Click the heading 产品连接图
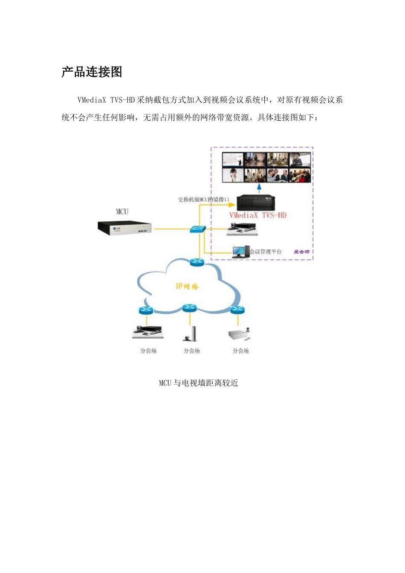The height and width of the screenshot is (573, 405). (x=92, y=72)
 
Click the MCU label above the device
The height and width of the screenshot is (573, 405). (x=122, y=211)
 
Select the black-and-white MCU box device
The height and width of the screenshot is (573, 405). (x=125, y=228)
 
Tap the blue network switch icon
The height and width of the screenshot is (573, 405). (x=197, y=229)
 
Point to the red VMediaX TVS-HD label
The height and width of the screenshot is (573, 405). (x=258, y=215)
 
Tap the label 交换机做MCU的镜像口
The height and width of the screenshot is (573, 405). (x=203, y=199)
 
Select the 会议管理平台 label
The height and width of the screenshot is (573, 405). (x=266, y=252)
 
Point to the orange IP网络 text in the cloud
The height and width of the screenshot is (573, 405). (x=187, y=286)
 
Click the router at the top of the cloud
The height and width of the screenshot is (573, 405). (x=197, y=262)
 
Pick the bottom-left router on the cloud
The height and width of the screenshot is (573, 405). (x=146, y=310)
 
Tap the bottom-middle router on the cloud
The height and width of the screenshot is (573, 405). (x=190, y=308)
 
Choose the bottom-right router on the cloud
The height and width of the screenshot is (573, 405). (x=237, y=310)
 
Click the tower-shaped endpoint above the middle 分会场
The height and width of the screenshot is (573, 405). (x=191, y=333)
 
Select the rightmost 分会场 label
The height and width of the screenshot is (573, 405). (x=240, y=351)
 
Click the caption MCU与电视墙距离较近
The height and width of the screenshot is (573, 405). (x=199, y=383)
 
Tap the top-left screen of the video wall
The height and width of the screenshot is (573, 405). (x=233, y=160)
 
